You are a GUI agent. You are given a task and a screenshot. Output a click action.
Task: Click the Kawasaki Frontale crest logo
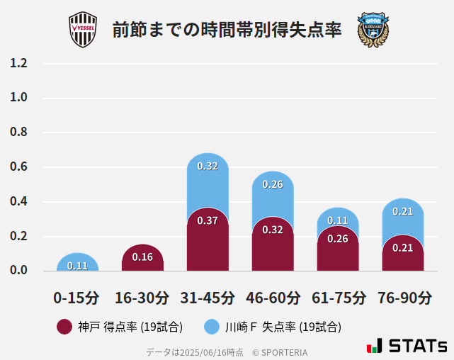point(373,30)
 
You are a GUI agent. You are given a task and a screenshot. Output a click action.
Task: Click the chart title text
point(227,30)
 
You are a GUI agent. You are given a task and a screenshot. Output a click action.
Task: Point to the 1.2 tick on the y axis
point(19,63)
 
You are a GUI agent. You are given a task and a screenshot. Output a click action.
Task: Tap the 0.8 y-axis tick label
point(19,133)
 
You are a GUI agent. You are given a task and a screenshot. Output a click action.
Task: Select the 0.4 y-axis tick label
point(19,202)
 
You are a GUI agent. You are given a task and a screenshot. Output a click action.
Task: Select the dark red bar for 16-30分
point(142,258)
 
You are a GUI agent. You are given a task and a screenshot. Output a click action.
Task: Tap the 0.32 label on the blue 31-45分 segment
point(208,167)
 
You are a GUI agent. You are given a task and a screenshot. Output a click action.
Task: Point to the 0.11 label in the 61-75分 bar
point(338,220)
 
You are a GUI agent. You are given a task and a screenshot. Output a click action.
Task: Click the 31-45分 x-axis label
point(208,298)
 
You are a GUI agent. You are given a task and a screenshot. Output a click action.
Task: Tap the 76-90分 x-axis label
point(404,298)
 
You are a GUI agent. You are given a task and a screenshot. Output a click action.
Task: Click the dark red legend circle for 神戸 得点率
point(64,327)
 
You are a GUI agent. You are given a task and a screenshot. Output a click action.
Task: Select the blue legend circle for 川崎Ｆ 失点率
point(212,327)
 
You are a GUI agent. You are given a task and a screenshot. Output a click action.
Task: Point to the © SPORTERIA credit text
point(280,352)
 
